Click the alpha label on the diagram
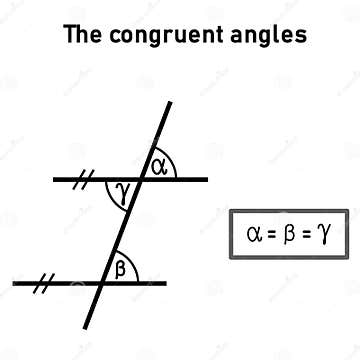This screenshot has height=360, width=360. (158, 166)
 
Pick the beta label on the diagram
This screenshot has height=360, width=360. (121, 268)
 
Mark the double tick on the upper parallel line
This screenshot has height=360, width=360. (85, 180)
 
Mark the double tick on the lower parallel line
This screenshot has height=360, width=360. (45, 283)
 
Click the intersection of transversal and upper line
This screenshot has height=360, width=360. (139, 180)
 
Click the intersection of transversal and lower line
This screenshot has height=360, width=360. (104, 283)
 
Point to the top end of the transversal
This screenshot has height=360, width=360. (168, 102)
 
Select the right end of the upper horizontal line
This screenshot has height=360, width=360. (207, 180)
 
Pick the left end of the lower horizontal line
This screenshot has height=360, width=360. (15, 283)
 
